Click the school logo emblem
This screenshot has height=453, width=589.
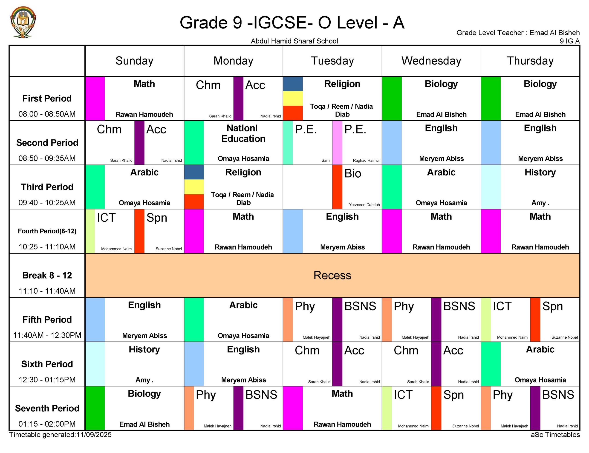(23, 22)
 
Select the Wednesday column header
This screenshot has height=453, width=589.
(431, 61)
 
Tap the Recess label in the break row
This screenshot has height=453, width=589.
(332, 275)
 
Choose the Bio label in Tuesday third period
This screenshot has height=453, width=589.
(352, 173)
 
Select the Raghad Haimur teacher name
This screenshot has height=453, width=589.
(366, 161)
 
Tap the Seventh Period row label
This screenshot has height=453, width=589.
(47, 408)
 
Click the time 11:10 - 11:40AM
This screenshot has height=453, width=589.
(47, 291)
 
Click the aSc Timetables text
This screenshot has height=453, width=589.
(555, 435)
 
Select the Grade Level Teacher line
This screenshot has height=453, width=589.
(518, 33)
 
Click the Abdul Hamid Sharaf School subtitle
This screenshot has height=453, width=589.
(294, 41)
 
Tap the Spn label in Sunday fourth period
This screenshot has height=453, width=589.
(157, 218)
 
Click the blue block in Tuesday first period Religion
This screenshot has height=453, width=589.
(293, 84)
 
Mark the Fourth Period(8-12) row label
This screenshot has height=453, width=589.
(47, 231)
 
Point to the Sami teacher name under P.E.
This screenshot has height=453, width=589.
(326, 161)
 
